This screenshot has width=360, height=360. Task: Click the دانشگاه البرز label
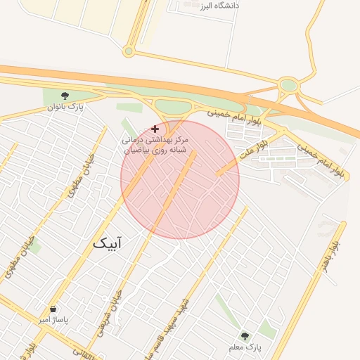coord(219,6)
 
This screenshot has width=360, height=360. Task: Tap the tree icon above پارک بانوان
coord(65,96)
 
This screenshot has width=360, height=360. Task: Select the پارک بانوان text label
coord(65,107)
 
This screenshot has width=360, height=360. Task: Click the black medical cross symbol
coord(155,129)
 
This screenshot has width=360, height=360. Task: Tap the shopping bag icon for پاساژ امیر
coord(53,309)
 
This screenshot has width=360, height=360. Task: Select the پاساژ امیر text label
coord(54,321)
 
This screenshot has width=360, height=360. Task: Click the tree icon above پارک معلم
coord(245,336)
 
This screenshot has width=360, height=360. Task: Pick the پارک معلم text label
coord(245,347)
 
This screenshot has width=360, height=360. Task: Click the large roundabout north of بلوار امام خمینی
coord(288,86)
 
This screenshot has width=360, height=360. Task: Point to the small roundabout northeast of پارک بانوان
coord(128,51)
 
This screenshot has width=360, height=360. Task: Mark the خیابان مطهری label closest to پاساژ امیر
coord(20,253)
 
